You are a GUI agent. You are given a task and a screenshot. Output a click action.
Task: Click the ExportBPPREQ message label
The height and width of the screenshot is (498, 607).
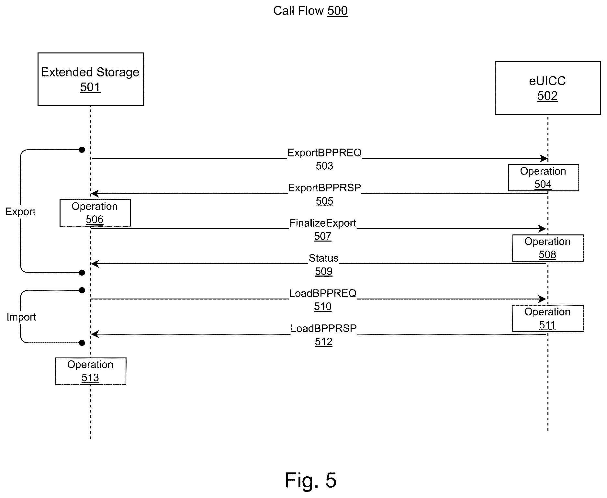(x=324, y=153)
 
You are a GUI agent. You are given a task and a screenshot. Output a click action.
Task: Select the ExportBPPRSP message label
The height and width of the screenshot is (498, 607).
(x=324, y=188)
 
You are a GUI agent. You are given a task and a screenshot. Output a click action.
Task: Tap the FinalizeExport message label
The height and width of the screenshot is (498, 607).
(x=323, y=223)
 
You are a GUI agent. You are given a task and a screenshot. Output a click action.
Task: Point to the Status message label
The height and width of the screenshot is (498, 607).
(x=323, y=258)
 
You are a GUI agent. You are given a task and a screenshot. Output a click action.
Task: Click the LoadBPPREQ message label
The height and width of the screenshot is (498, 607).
(x=323, y=293)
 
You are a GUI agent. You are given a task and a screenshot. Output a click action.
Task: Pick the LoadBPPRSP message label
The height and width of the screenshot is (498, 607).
(x=323, y=328)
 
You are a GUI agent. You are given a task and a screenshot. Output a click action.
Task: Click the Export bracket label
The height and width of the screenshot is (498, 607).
(x=20, y=212)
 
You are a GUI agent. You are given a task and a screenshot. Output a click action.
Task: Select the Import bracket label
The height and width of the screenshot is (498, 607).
(x=21, y=317)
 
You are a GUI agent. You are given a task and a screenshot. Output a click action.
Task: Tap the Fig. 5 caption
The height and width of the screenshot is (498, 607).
(x=311, y=480)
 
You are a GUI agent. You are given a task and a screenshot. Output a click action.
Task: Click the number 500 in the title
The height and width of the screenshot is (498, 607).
(x=337, y=11)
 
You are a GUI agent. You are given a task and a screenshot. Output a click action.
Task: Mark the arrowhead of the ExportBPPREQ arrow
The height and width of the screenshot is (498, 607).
(x=544, y=159)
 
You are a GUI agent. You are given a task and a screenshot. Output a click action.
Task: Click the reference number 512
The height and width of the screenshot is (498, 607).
(x=324, y=342)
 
